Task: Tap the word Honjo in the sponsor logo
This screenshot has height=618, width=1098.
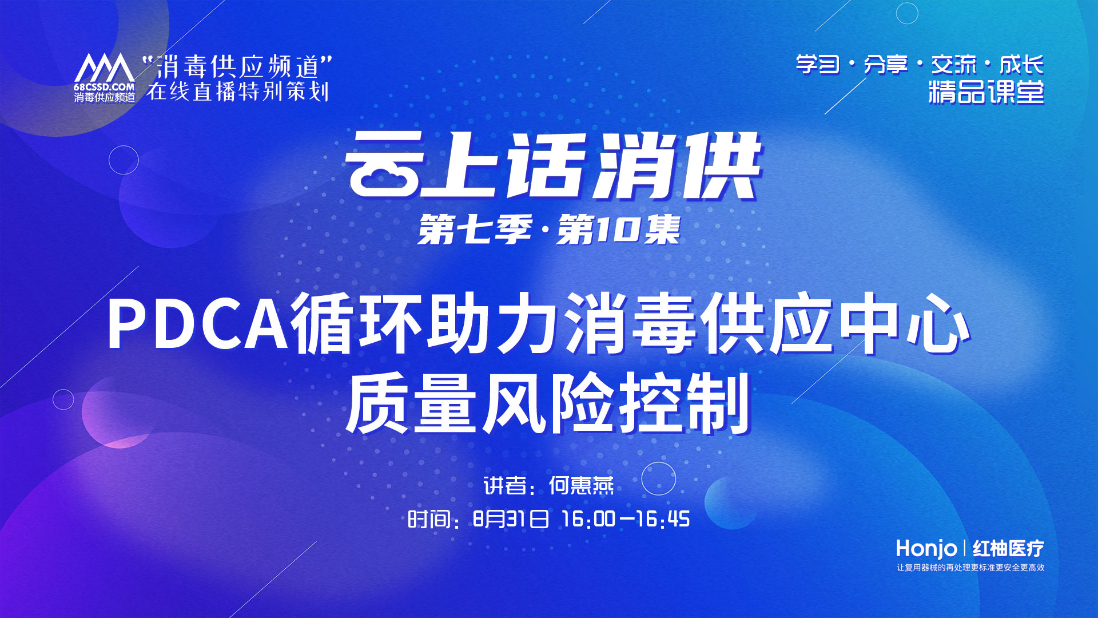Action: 926,548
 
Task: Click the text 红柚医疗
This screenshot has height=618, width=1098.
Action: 1008,548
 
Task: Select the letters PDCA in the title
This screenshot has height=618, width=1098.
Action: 197,323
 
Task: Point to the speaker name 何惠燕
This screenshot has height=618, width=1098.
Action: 581,486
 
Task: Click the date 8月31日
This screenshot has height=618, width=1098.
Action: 511,519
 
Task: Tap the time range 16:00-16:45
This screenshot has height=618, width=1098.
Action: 626,519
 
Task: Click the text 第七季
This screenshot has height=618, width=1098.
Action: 475,230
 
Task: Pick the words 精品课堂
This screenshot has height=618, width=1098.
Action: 986,92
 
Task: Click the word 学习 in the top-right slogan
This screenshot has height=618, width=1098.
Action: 818,65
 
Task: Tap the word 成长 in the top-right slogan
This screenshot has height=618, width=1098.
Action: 1021,65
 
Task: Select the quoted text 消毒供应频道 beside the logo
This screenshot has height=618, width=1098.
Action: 238,66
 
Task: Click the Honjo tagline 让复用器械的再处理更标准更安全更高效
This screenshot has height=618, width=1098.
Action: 970,568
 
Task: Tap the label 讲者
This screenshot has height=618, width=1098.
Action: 504,486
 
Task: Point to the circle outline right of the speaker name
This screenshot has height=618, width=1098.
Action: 658,478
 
